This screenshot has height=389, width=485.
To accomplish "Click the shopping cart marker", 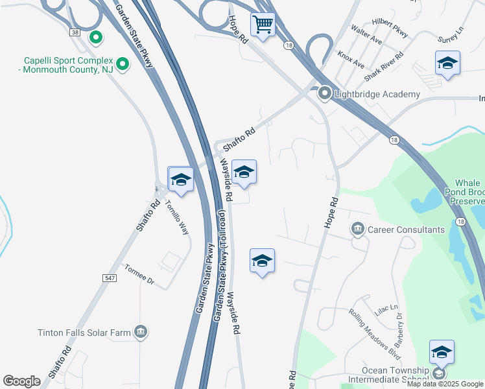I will tap(263, 25).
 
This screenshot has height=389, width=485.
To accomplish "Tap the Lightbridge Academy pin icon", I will tap(325, 95).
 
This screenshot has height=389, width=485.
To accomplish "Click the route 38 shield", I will tap(76, 32).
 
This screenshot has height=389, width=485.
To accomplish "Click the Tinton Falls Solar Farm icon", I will tap(140, 333).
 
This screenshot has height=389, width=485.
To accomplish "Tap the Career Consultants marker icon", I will tap(357, 230).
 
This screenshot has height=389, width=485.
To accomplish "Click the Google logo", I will tap(21, 381).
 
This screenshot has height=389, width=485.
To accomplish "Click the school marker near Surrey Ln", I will tap(447, 64).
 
